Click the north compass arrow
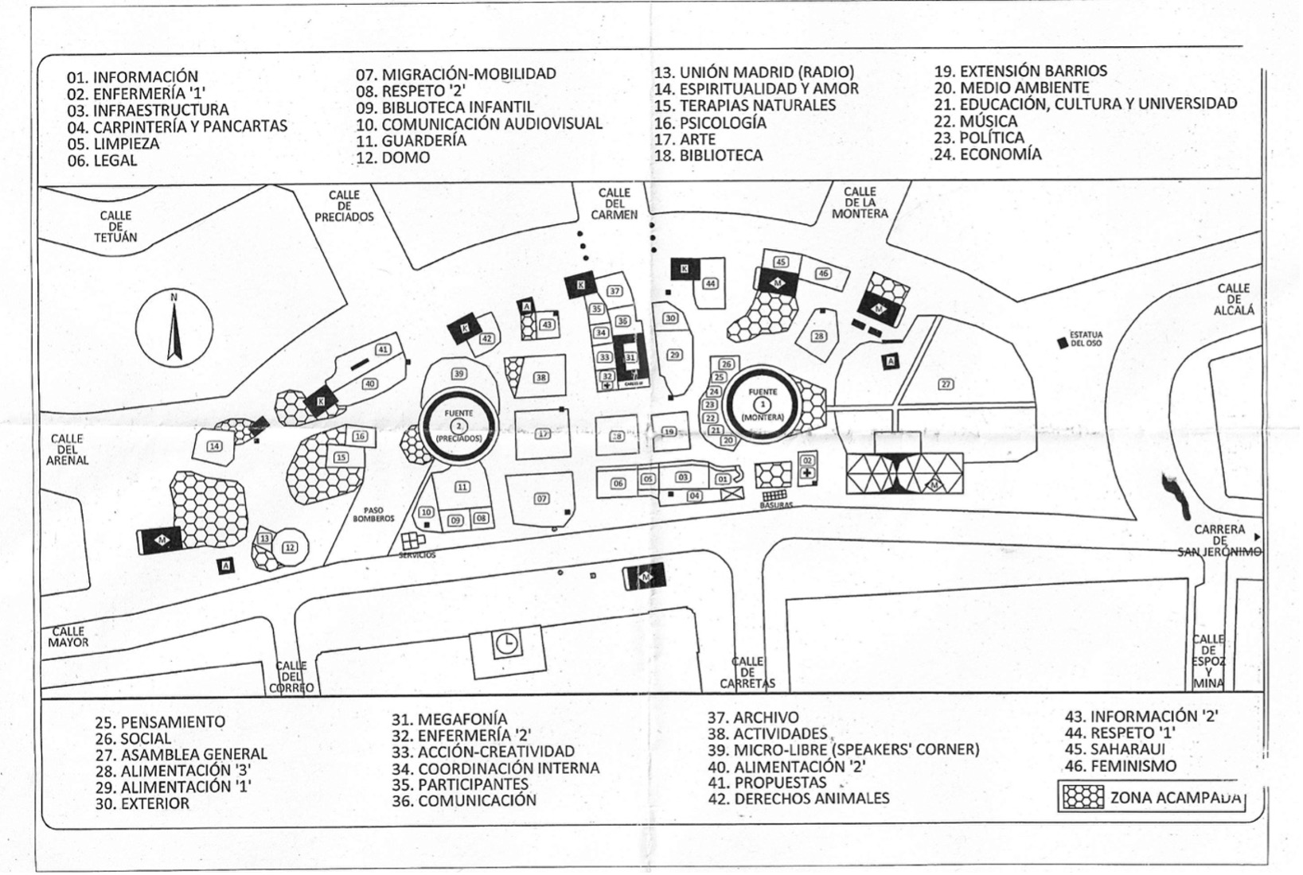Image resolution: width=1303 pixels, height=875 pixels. click(x=174, y=331)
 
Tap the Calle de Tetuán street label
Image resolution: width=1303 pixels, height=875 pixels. click(x=115, y=227)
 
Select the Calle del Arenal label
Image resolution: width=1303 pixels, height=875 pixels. click(x=68, y=449)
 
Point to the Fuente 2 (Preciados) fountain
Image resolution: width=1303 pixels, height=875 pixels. click(x=458, y=426)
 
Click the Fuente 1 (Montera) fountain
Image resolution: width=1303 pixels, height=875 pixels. click(x=763, y=405)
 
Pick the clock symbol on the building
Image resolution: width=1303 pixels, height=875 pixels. click(x=506, y=644)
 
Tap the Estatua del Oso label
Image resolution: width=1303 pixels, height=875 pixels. click(x=1086, y=340)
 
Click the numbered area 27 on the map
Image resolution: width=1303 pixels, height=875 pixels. click(x=946, y=384)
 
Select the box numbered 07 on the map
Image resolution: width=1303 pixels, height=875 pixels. click(x=541, y=499)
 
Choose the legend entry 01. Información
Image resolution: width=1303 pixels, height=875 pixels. click(x=132, y=77)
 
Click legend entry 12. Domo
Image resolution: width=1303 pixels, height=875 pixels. click(x=393, y=157)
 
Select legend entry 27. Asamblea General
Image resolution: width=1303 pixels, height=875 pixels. click(x=181, y=754)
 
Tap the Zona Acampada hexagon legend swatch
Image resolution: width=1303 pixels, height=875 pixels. click(x=1083, y=797)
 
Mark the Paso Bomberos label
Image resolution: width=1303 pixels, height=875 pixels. click(x=373, y=515)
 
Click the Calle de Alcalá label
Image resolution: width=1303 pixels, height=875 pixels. click(x=1234, y=299)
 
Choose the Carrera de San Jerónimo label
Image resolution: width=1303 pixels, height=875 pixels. click(x=1219, y=541)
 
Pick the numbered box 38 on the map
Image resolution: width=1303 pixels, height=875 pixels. click(x=541, y=377)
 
